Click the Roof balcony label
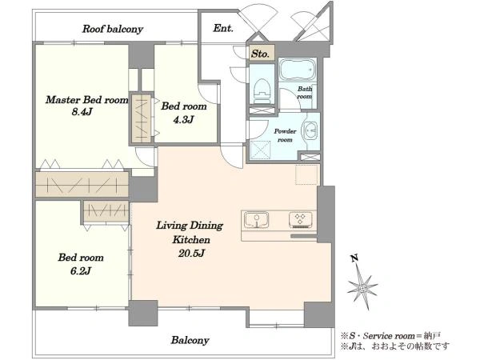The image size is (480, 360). pos(113,29)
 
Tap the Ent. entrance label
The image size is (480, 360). pos(223,29)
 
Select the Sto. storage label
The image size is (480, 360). pos(260,54)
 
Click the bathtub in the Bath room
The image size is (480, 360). pos(298,69)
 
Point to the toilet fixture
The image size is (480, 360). pos(262,88)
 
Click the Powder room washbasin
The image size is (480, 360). pos(310,130)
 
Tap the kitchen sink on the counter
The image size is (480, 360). pos(257,220)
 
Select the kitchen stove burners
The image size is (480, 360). pos(300,220)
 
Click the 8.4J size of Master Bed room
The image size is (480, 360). pos(82,112)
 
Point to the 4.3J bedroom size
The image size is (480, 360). pos(183,119)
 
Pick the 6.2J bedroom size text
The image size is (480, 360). pos(81,271)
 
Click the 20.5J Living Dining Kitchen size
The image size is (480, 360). pos(191,253)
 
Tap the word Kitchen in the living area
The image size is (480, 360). pos(191,239)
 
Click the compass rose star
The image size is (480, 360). pos(362,287)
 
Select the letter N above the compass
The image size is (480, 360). pos(354,259)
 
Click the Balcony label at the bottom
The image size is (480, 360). pos(190,340)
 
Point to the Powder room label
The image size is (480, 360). pos(285,135)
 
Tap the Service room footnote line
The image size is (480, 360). pos(390,336)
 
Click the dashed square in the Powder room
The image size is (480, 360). pos(261,150)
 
